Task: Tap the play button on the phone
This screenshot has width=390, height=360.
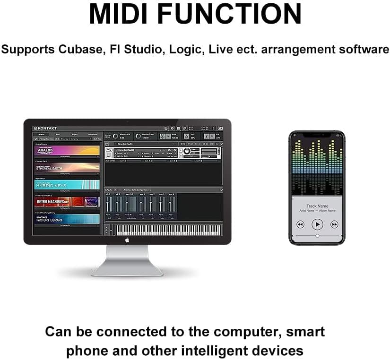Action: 317,224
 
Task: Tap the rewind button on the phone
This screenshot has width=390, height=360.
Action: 300,224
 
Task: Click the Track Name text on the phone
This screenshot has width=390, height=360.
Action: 317,206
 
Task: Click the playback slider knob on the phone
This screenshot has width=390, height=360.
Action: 317,235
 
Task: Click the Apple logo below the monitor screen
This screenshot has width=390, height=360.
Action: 127,240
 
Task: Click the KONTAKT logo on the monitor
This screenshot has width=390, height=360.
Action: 45,129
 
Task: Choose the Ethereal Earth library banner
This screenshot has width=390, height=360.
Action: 67,168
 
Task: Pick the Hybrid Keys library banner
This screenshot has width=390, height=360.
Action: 67,185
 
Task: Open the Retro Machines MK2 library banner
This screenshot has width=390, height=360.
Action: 67,202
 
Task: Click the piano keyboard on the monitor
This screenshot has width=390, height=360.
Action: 168,229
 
